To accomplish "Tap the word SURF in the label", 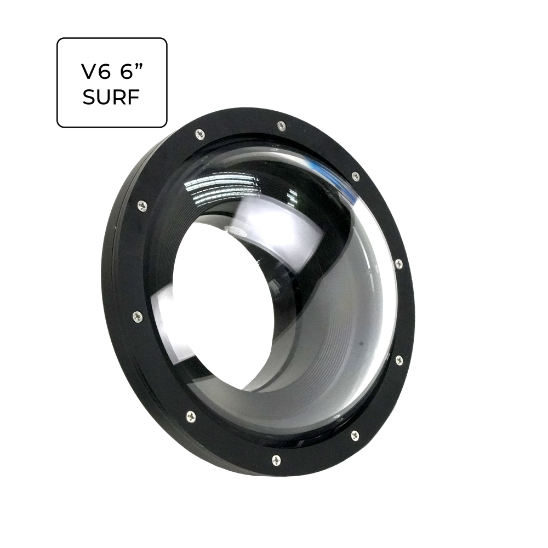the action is pos(111,97).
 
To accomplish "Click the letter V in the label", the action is pos(89,72).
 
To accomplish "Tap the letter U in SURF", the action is pos(104,97).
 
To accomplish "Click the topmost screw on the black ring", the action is pos(281,125).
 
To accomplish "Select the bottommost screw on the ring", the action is pos(276,460).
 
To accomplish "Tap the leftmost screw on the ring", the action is pos(138,316).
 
